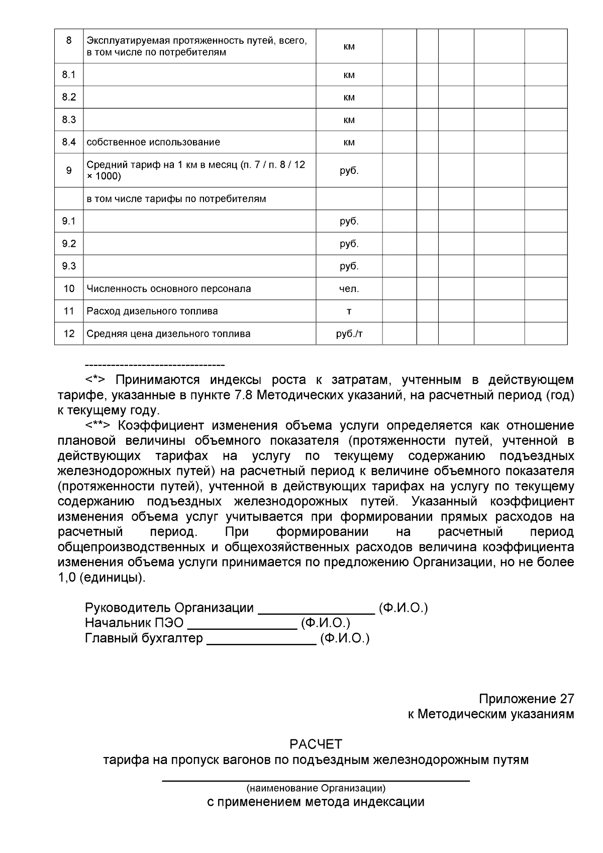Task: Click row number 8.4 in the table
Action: [69, 142]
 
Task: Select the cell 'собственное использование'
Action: [153, 142]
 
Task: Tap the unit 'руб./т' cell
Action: [349, 334]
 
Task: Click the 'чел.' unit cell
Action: [349, 289]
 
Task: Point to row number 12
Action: [69, 334]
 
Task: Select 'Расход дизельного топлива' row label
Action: [152, 311]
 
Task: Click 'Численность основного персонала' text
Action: [169, 289]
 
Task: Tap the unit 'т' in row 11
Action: [349, 311]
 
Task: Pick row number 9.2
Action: [69, 244]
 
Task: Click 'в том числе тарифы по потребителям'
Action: [176, 199]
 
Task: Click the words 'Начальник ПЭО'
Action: [134, 623]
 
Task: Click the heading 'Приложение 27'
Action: [526, 699]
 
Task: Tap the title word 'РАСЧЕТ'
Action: [316, 744]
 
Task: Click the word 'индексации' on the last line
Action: [388, 802]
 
